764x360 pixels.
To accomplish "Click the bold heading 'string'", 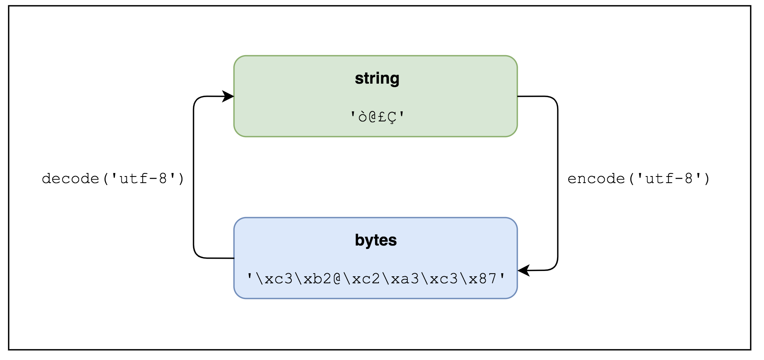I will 377,78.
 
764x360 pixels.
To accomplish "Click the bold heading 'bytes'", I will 375,240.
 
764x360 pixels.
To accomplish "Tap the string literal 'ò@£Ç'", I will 377,117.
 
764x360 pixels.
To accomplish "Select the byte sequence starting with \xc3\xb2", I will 376,279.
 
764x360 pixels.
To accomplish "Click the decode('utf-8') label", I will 113,178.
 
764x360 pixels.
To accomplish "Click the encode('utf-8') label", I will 639,178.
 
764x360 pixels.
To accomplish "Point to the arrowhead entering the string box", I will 229,96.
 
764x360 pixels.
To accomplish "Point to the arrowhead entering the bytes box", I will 523,271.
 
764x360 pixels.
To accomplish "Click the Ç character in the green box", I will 392,117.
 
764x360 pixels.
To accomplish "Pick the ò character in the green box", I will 362,117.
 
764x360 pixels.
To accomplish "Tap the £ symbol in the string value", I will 382,117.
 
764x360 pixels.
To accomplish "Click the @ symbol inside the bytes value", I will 337,279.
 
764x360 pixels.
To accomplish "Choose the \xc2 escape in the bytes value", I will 356,279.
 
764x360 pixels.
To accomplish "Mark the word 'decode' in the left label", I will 71,178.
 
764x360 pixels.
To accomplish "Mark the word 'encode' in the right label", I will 596,178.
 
